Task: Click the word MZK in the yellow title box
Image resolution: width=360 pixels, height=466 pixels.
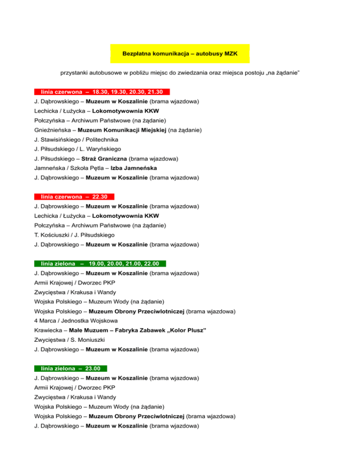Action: click(229, 54)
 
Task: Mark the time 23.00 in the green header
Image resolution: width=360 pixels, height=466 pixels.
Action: click(95, 368)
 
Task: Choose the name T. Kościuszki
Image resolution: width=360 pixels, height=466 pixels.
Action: click(51, 235)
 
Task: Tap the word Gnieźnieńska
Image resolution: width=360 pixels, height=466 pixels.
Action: click(53, 130)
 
